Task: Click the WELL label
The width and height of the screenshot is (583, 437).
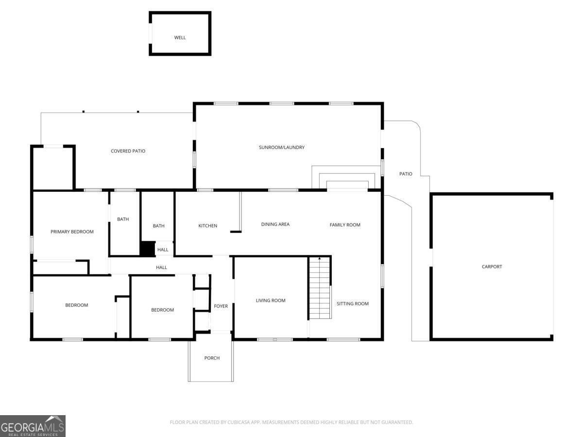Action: (x=180, y=37)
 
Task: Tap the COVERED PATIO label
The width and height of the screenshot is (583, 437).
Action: (x=128, y=151)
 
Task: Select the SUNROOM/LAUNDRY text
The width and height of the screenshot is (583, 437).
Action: (x=282, y=147)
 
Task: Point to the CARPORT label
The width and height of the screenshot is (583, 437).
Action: (x=492, y=267)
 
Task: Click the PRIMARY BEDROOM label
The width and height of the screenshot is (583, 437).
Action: (x=72, y=232)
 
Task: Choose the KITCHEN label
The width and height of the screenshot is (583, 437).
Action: (x=207, y=226)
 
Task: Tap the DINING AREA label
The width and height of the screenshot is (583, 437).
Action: (x=275, y=224)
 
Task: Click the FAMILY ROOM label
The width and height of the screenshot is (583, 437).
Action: (x=345, y=225)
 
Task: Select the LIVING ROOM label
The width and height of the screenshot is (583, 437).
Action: (x=271, y=301)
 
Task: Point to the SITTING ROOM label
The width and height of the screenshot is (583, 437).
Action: (x=353, y=303)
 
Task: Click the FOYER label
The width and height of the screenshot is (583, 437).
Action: (x=221, y=306)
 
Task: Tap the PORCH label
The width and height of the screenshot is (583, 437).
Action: (x=212, y=358)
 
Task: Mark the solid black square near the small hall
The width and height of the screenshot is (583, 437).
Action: (x=147, y=249)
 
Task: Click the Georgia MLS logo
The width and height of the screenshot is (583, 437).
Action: (x=33, y=426)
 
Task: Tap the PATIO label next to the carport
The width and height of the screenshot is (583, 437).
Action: (x=406, y=174)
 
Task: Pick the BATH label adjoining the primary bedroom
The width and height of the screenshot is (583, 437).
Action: (x=123, y=219)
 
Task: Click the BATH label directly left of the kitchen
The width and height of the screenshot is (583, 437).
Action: (x=158, y=226)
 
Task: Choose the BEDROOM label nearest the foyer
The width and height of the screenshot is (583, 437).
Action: (x=162, y=310)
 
